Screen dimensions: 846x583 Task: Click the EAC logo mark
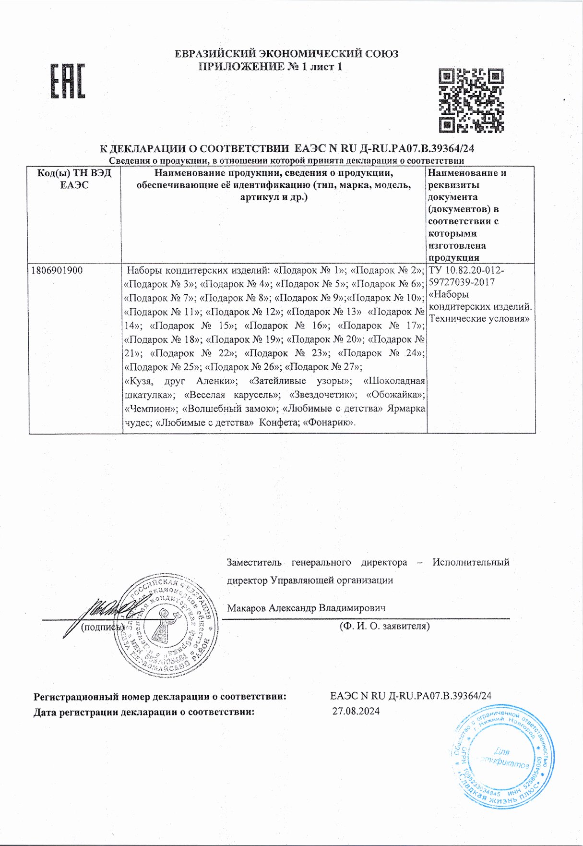click(x=68, y=81)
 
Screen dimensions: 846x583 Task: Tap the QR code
click(x=472, y=100)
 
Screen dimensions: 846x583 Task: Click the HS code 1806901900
click(x=57, y=270)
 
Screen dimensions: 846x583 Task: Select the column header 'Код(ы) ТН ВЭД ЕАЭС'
click(x=74, y=179)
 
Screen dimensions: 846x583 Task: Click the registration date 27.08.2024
click(x=356, y=711)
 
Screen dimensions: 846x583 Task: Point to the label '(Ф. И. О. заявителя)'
click(x=384, y=626)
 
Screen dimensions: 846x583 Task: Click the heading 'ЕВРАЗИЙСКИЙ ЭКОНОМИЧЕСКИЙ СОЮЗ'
click(x=286, y=54)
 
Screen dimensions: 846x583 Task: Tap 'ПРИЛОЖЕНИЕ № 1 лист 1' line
click(x=271, y=67)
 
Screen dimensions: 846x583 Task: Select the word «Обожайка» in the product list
click(x=395, y=395)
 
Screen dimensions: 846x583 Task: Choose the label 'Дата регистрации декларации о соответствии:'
click(x=143, y=712)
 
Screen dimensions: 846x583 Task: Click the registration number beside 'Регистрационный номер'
click(x=411, y=696)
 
